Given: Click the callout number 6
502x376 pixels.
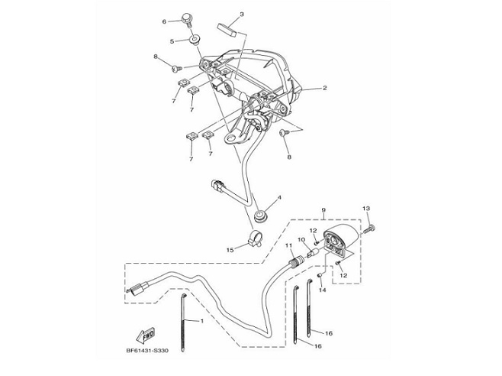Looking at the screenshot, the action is [165, 21].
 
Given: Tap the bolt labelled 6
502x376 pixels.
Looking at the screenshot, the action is [187, 19].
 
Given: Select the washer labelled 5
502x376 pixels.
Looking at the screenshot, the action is [194, 41].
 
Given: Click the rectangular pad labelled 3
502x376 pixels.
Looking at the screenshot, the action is [227, 30].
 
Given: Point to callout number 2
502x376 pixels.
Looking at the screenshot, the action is [325, 88].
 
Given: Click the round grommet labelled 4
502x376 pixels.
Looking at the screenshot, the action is [260, 216].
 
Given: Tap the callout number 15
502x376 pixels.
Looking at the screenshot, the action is [230, 250].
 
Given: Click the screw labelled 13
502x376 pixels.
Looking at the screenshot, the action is [368, 229].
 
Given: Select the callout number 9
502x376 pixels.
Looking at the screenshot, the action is [323, 209].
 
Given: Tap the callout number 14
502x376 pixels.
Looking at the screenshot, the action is [323, 290].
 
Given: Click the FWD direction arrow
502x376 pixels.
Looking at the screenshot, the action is [145, 335].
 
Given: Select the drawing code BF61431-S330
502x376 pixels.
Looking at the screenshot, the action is [147, 350].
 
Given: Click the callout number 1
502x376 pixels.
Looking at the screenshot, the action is [201, 321].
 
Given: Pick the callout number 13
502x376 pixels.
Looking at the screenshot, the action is [366, 209].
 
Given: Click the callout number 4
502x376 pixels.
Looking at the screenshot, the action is [279, 198].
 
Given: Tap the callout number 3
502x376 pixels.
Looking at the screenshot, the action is [242, 14].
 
